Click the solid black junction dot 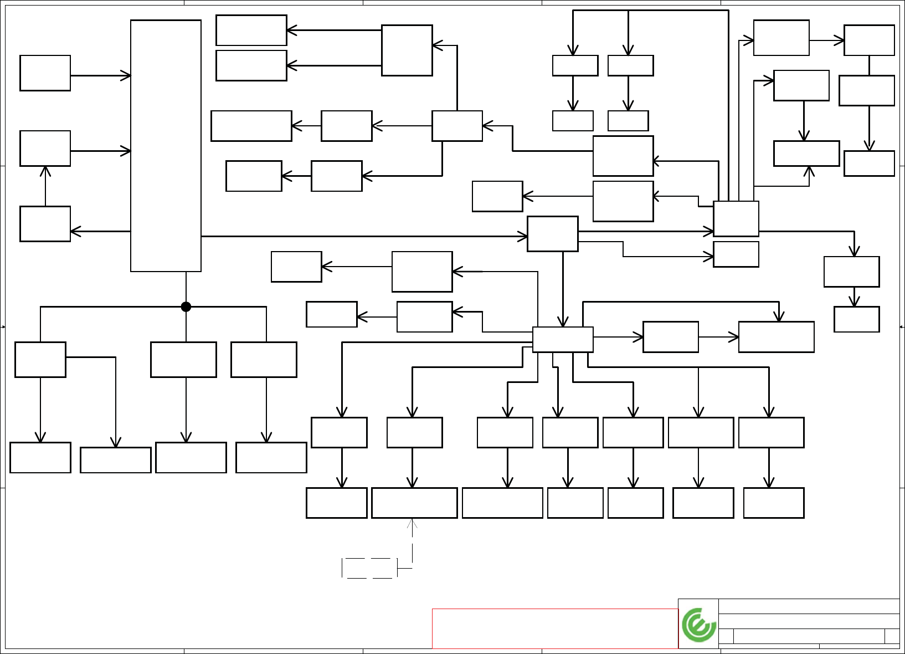[186, 306]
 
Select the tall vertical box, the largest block [166, 146]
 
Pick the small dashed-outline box [369, 568]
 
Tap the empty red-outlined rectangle [555, 629]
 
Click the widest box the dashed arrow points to [414, 503]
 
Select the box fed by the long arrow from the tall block [552, 234]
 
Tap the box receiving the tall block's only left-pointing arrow [45, 224]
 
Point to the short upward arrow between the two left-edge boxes [45, 186]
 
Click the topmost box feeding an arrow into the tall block [45, 73]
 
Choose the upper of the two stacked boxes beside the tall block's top [251, 30]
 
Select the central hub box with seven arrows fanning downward [563, 339]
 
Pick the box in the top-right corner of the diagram [869, 40]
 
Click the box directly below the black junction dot [183, 359]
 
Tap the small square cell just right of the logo [726, 636]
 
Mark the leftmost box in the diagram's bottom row [40, 457]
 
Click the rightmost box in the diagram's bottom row [773, 503]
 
